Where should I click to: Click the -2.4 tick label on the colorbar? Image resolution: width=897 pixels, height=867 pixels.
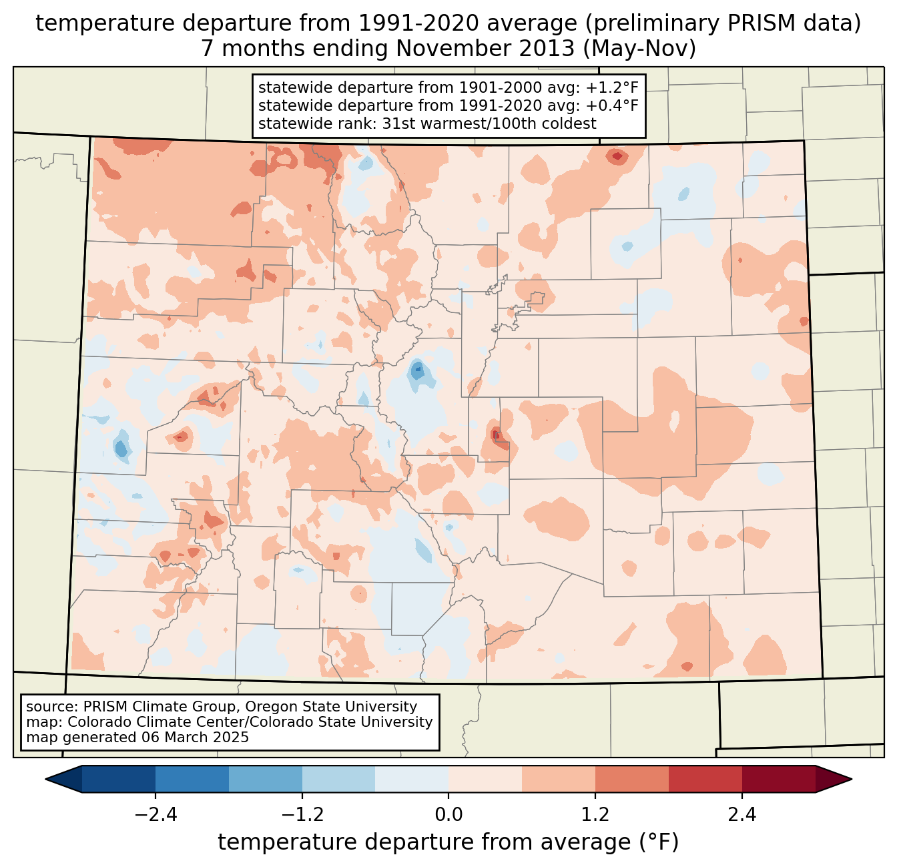click(x=156, y=815)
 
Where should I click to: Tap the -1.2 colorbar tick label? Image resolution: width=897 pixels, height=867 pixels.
click(x=302, y=815)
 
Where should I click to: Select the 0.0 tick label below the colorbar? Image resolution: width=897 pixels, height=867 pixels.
click(x=448, y=815)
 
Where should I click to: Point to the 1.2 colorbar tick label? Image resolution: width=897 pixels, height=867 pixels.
click(x=595, y=815)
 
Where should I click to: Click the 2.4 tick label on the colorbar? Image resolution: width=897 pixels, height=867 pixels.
click(x=741, y=815)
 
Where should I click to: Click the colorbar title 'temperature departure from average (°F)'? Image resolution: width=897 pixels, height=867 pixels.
click(x=448, y=842)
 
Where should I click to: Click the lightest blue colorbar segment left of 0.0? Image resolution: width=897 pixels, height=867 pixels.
click(x=412, y=779)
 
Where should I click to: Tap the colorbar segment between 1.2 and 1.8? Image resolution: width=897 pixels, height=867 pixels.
click(x=631, y=779)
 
